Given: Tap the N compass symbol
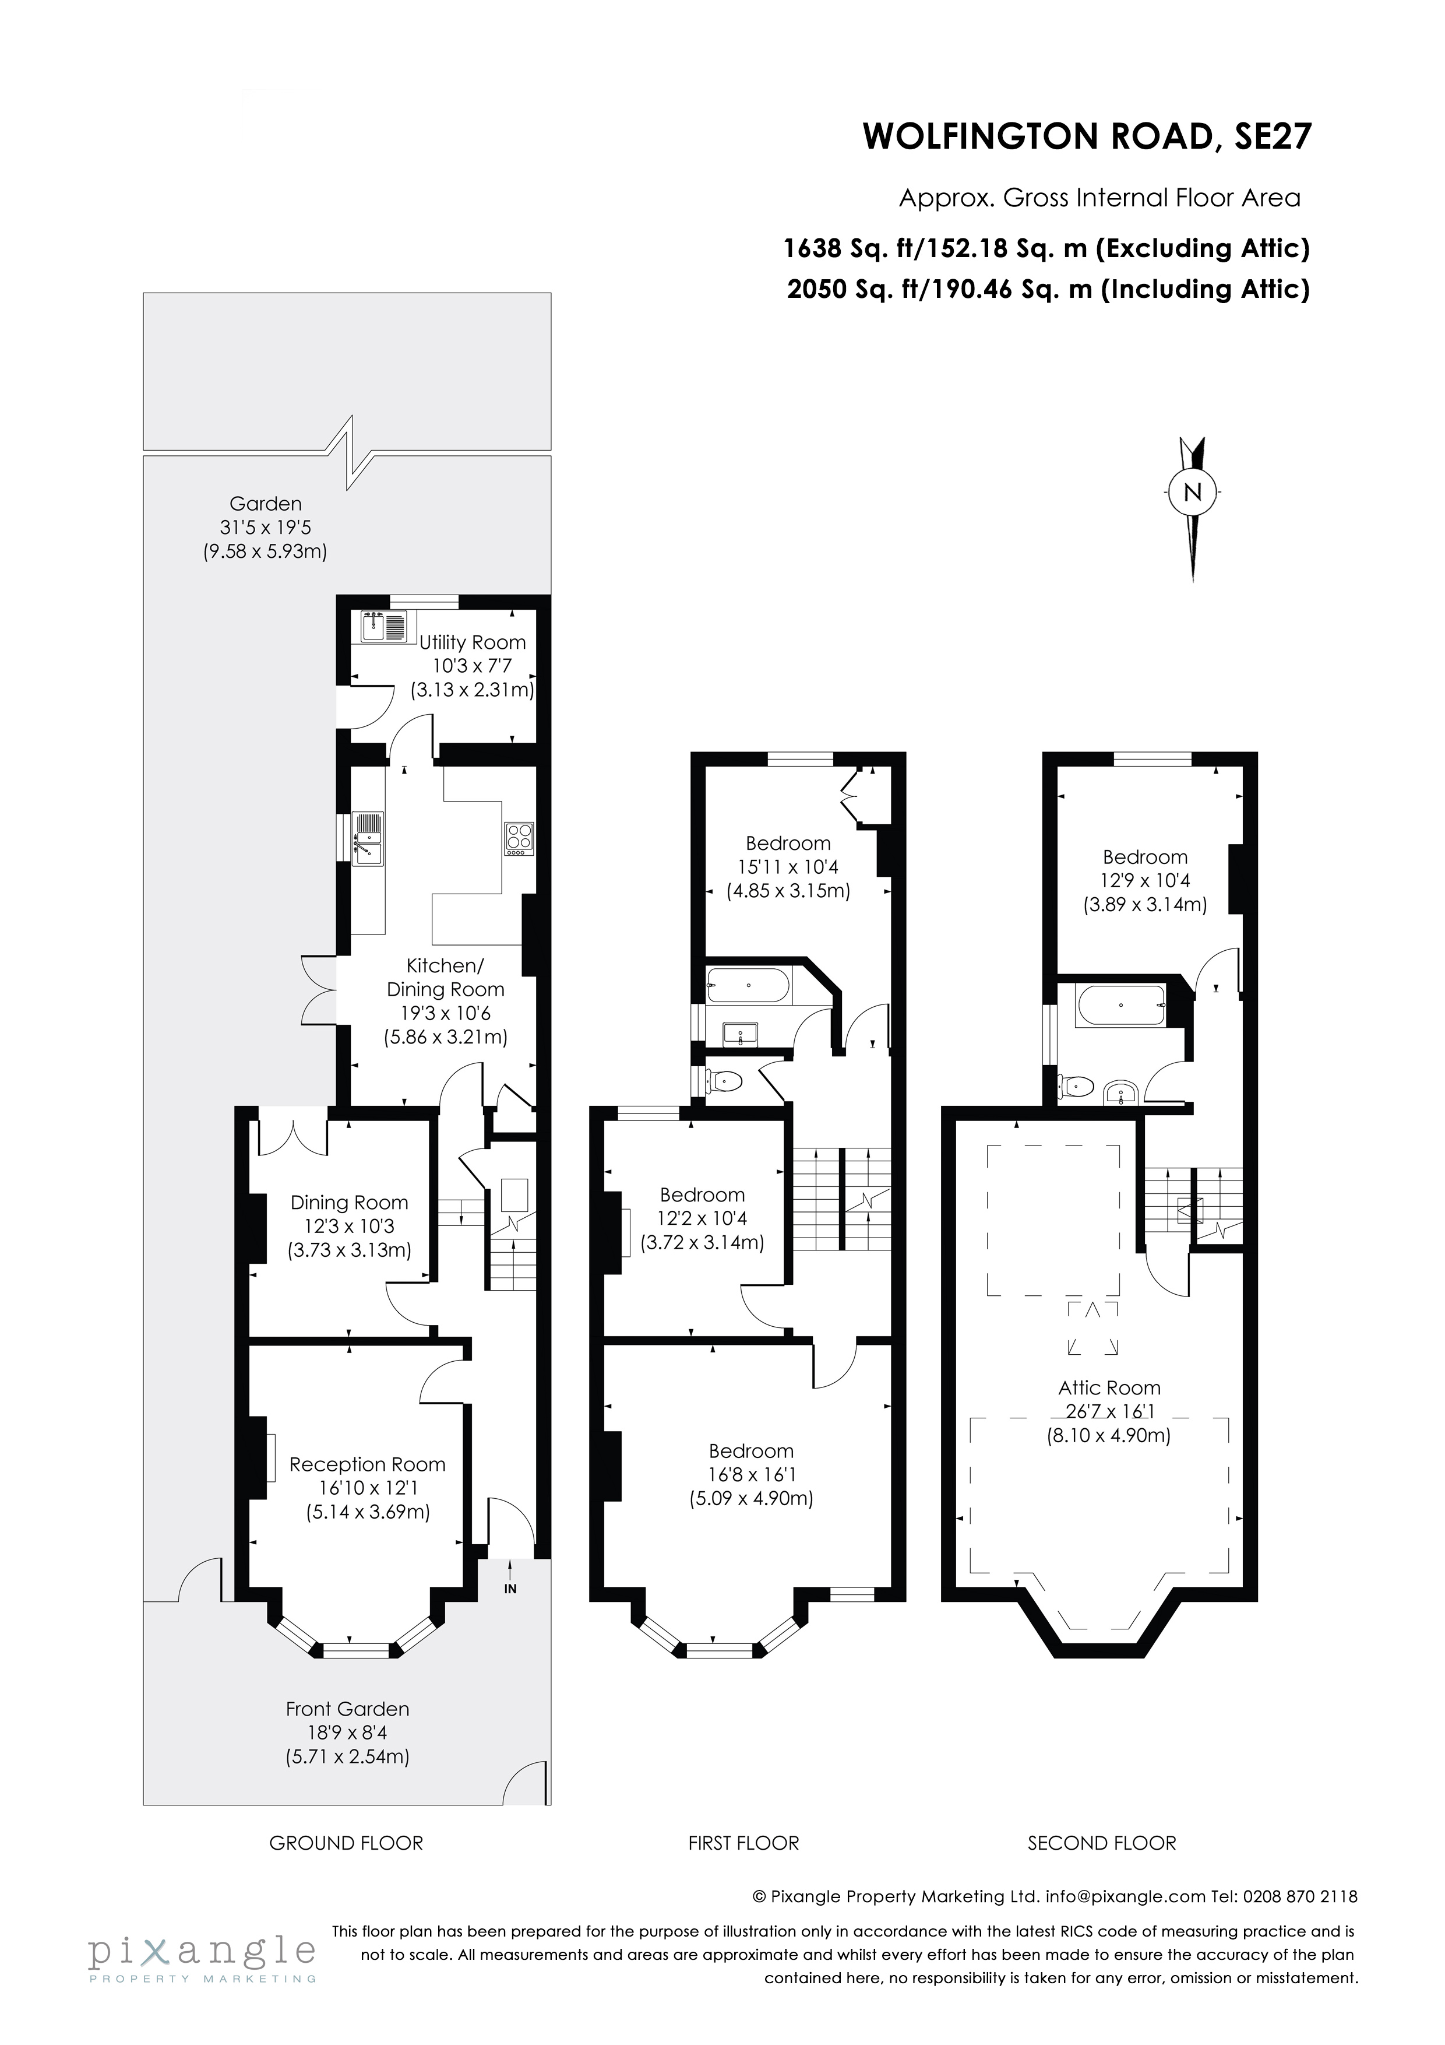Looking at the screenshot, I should tap(1192, 491).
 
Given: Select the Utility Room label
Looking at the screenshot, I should tap(472, 642).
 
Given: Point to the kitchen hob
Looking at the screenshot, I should tap(520, 837).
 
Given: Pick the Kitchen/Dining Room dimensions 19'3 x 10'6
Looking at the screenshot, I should tap(445, 1013).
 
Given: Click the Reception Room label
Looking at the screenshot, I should tap(367, 1464).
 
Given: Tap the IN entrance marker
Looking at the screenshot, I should tap(510, 1588).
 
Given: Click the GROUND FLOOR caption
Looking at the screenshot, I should tap(346, 1843).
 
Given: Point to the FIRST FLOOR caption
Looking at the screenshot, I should tap(743, 1843).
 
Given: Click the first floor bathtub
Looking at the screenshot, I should tap(748, 986).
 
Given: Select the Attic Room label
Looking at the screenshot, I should tap(1109, 1387).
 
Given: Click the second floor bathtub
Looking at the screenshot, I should tap(1120, 1006).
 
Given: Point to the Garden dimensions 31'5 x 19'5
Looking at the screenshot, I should tap(265, 528).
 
